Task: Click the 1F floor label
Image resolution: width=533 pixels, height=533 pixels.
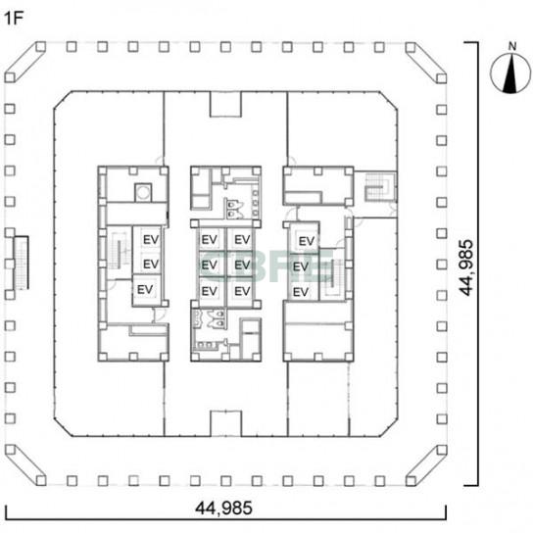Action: pos(14,19)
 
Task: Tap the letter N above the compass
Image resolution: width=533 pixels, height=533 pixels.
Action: pos(511,46)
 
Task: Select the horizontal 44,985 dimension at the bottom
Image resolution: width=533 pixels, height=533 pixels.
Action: pos(223,508)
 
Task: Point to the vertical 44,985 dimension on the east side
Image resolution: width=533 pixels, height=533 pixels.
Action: pos(466,267)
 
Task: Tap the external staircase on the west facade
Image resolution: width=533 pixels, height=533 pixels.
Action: pos(22,263)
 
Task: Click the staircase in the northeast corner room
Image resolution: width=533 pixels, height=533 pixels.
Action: pos(380,186)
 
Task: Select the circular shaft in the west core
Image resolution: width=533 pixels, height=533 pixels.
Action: pos(143,192)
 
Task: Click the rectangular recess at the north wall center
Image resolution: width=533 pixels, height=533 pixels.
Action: pos(225,104)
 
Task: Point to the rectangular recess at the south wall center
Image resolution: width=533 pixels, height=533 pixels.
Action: pos(225,423)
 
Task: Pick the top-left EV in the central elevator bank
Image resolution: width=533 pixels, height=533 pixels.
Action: pos(209,240)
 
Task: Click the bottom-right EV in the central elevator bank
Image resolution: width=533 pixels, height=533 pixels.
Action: pos(242,291)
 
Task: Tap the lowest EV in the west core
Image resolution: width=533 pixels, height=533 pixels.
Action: pos(145,290)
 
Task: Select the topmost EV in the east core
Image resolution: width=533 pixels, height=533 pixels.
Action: pos(307,241)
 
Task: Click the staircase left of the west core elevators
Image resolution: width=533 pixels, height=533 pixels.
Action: pos(120,251)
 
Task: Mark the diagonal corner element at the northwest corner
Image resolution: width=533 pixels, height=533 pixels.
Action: pos(25,62)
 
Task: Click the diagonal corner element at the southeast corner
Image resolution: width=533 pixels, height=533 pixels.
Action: pos(426,465)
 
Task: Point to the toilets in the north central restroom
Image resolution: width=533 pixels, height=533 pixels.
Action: pos(234,210)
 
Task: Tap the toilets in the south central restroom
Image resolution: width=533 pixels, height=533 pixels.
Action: pos(217,318)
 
